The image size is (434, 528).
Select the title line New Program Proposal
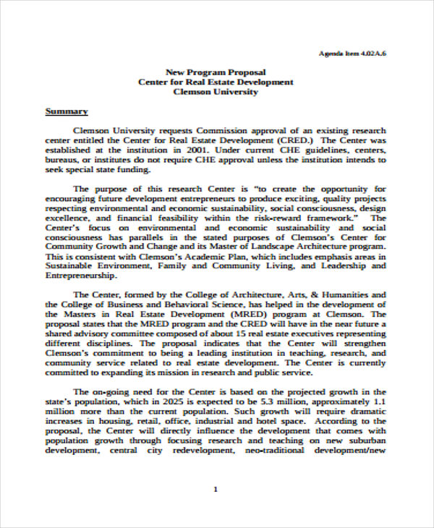[216, 72]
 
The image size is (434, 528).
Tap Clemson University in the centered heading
[216, 92]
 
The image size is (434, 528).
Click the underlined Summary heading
[67, 111]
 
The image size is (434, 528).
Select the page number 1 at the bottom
[216, 490]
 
